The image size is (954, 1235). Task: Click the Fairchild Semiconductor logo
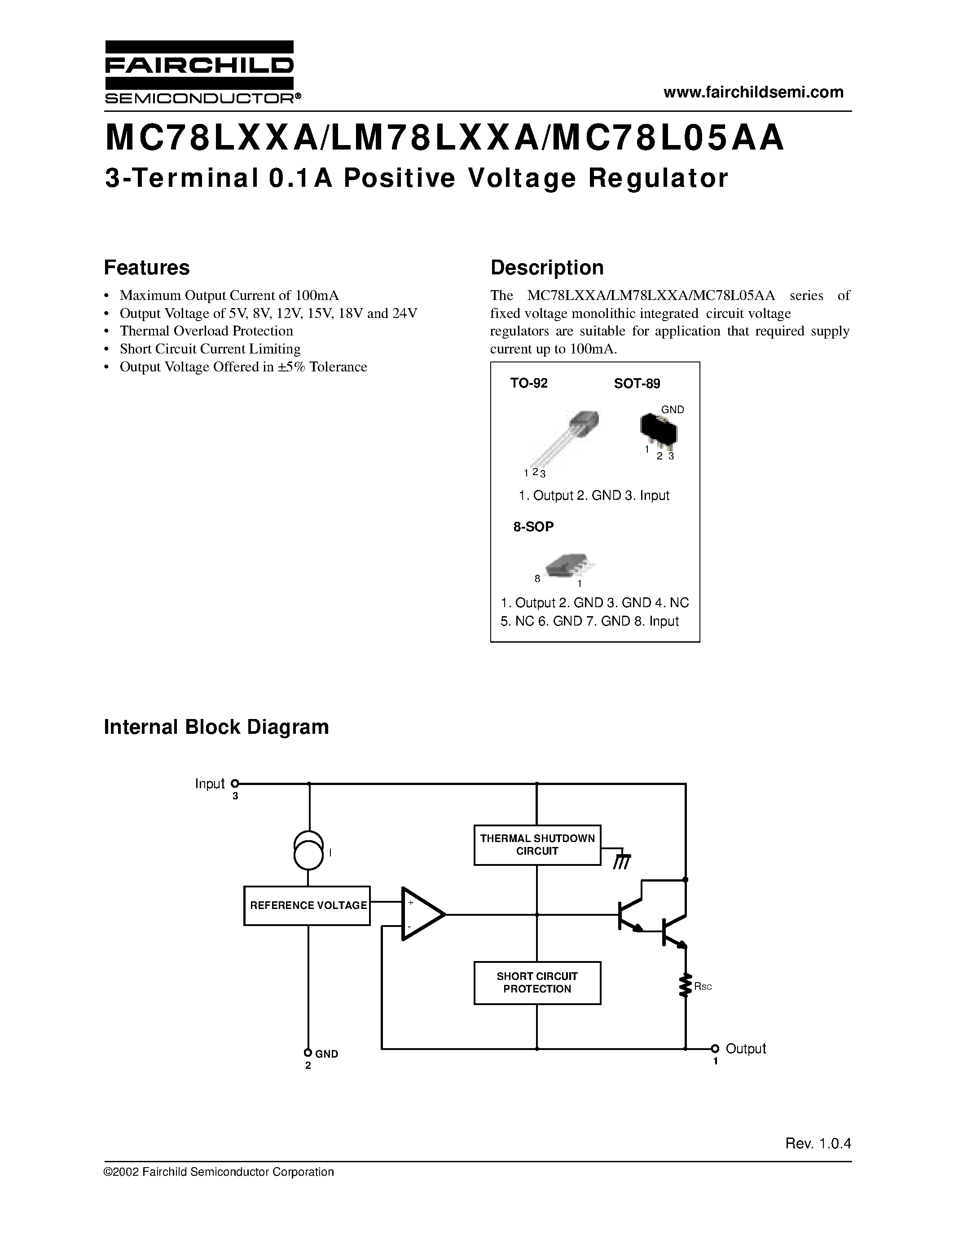pos(199,72)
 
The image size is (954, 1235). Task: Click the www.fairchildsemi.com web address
pos(753,92)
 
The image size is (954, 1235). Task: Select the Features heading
pos(147,268)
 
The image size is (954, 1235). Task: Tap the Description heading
pos(546,268)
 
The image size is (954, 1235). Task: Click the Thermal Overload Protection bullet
pos(206,331)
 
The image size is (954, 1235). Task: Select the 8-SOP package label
pos(533,526)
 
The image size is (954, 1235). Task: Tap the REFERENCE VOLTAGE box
pos(307,905)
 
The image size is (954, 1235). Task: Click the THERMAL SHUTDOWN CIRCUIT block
pos(537,845)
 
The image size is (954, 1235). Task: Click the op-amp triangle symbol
pos(421,914)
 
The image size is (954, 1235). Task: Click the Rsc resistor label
pos(703,987)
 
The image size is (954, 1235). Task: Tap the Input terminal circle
pos(235,784)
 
